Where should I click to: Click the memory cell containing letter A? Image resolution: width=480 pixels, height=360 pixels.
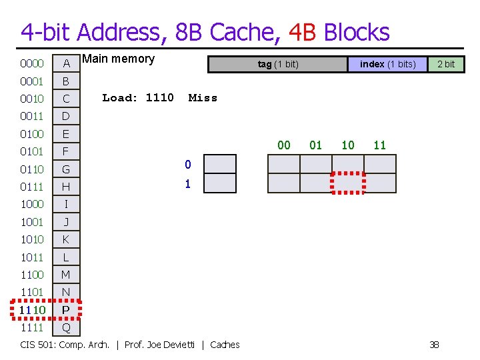click(x=66, y=64)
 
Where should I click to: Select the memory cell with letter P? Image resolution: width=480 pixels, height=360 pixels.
click(x=66, y=310)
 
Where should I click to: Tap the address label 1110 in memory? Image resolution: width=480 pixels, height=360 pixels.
click(x=32, y=310)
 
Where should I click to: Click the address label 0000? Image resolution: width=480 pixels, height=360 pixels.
click(x=32, y=64)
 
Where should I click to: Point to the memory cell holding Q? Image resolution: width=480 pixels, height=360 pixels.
click(x=66, y=327)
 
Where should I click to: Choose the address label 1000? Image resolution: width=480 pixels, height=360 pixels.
click(x=32, y=204)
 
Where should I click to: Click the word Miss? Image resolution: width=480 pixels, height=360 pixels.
click(x=203, y=98)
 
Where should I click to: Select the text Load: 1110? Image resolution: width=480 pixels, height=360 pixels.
click(x=138, y=98)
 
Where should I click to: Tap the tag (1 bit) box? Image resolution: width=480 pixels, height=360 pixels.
click(x=278, y=64)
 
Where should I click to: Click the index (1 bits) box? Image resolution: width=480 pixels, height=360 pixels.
click(x=387, y=64)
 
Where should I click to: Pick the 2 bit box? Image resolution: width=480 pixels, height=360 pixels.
click(x=445, y=64)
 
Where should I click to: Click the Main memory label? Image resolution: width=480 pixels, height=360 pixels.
click(x=118, y=59)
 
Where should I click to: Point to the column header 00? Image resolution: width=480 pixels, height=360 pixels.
click(x=284, y=145)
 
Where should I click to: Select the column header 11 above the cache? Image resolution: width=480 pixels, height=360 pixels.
click(x=380, y=145)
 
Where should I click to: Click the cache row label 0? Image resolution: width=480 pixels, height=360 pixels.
click(x=187, y=165)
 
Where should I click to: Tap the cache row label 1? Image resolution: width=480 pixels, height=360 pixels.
click(x=187, y=184)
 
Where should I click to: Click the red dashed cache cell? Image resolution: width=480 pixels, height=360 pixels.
click(x=348, y=183)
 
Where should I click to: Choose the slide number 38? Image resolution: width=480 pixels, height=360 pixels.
click(x=434, y=345)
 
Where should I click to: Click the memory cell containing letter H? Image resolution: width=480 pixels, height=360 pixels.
click(x=66, y=187)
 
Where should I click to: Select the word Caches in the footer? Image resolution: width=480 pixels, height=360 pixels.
click(x=225, y=345)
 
